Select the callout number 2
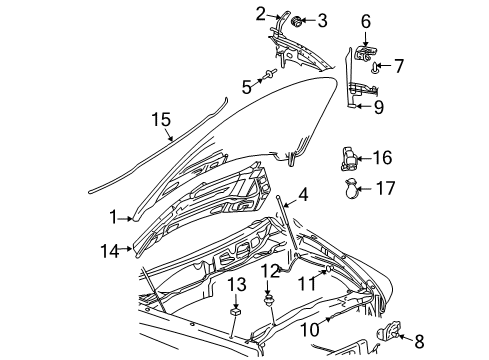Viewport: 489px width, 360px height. tap(260, 13)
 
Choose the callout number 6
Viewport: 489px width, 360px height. tap(365, 20)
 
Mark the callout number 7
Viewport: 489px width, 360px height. tap(398, 67)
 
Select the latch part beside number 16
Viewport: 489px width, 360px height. tap(347, 158)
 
